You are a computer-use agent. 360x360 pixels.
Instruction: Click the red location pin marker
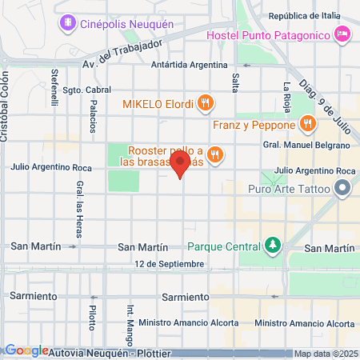tap(180, 166)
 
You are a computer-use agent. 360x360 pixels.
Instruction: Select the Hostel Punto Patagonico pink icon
tap(342, 34)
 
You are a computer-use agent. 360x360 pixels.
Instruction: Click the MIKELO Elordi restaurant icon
tap(206, 102)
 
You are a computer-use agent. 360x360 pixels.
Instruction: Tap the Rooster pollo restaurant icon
tap(214, 154)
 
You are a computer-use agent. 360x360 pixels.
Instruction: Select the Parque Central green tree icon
tap(273, 244)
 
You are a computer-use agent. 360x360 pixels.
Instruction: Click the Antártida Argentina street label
tap(193, 66)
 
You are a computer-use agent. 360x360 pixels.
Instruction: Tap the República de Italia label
tap(304, 16)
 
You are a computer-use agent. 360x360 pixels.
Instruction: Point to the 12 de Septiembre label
tap(170, 263)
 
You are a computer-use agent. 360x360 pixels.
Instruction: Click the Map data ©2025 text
tap(325, 354)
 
